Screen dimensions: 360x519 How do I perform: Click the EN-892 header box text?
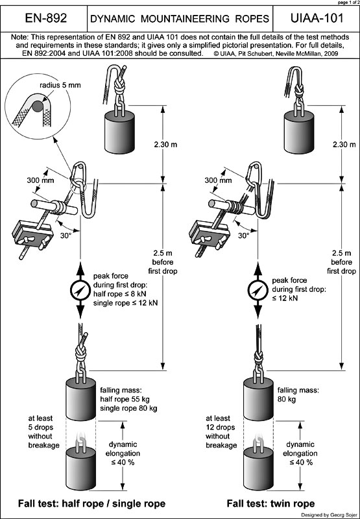pos(46,18)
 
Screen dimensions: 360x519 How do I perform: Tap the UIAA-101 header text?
pos(317,18)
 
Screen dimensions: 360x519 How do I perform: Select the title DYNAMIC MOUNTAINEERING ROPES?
pos(180,19)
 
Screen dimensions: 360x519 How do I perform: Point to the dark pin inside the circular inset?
pos(37,106)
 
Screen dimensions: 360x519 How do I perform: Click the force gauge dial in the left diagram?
pos(79,291)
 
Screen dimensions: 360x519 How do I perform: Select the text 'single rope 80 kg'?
pos(128,407)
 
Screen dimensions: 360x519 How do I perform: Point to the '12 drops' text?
pos(221,428)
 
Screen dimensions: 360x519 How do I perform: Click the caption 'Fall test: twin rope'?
pos(270,503)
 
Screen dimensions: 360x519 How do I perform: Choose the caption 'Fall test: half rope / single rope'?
pos(92,503)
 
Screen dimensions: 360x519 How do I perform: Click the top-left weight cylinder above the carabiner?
pos(119,130)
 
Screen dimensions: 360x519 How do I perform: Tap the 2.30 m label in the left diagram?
pos(166,145)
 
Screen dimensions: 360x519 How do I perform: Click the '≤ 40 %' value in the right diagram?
pos(301,463)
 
